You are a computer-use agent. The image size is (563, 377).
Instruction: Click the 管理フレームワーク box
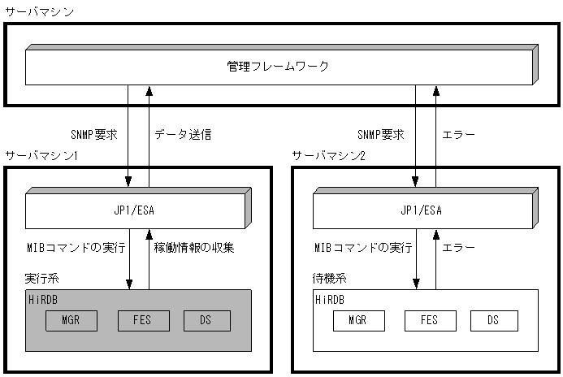tap(278, 67)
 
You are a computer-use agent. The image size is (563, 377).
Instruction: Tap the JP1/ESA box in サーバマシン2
tap(422, 210)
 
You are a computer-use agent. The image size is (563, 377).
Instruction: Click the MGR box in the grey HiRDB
tap(71, 320)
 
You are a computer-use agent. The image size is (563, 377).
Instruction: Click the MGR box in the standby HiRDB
tap(358, 320)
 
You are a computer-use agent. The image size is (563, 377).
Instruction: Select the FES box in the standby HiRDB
tap(430, 320)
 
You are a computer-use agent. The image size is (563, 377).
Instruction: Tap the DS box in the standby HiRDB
tap(494, 320)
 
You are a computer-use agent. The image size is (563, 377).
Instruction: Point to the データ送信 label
tap(183, 134)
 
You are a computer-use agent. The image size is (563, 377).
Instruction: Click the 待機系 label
tap(327, 278)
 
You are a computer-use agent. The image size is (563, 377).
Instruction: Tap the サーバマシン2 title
tap(329, 154)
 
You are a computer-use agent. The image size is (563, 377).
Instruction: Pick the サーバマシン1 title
tap(41, 154)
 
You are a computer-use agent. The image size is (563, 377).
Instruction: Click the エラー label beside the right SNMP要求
tap(458, 134)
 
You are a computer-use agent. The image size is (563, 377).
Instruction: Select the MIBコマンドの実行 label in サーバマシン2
tap(362, 246)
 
